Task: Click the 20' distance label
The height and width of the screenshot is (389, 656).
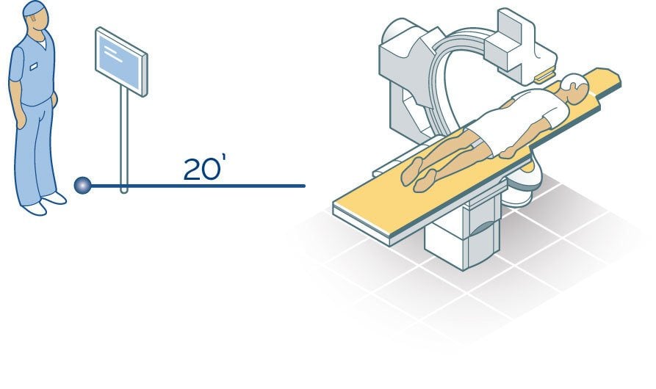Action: pos(202,169)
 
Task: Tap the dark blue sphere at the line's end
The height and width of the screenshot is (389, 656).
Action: pos(82,185)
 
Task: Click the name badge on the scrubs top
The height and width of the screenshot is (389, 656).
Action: pos(34,65)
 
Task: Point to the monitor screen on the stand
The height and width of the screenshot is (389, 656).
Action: pos(121,62)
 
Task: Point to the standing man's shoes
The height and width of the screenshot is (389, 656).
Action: pos(44,203)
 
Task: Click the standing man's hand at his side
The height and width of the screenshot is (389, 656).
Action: pos(21,121)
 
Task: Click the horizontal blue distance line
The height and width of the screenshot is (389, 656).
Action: pos(198,186)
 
